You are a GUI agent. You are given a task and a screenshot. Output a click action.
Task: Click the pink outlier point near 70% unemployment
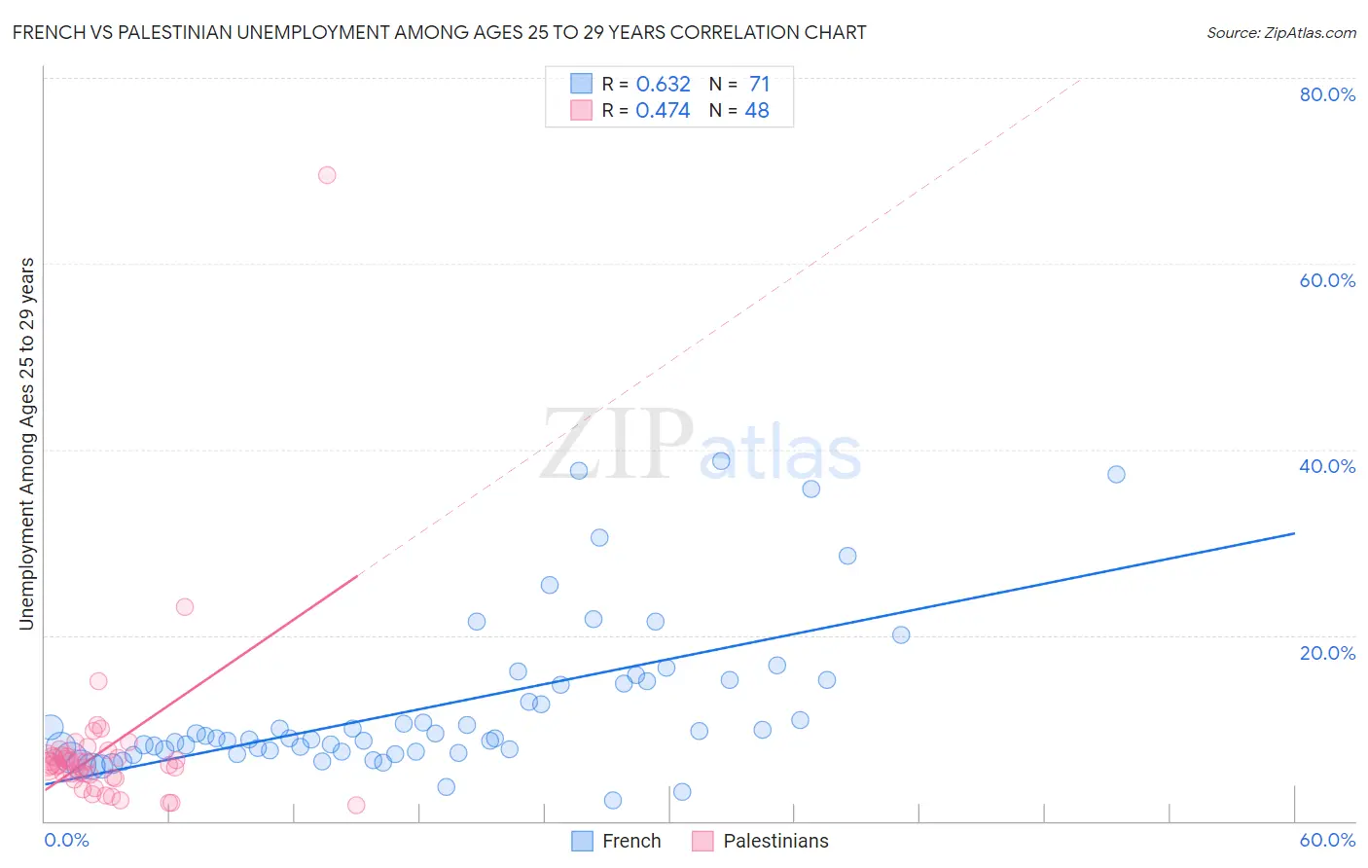point(327,175)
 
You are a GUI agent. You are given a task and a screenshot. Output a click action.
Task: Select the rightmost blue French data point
point(1116,474)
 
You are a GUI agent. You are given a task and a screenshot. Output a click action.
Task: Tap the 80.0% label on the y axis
point(1327,94)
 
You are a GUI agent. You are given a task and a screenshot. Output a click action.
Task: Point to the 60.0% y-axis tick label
point(1327,280)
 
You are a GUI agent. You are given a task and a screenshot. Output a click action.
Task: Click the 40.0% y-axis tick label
point(1327,466)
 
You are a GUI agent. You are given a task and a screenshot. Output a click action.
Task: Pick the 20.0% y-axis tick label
point(1327,653)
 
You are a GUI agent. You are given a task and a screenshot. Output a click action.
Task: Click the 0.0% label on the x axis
point(66,840)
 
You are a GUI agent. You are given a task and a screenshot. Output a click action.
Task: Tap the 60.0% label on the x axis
point(1327,840)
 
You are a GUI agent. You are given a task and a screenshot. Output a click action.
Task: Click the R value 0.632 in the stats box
point(663,84)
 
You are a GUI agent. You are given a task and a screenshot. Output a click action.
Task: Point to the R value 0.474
point(663,110)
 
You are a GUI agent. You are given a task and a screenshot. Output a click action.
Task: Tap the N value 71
point(759,84)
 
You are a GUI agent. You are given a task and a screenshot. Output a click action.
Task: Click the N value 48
point(757,110)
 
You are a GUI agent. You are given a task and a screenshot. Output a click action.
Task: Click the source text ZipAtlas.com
point(1281,33)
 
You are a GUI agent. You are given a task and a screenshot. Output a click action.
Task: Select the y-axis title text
point(27,444)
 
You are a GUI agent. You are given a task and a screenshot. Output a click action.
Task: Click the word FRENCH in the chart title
point(46,33)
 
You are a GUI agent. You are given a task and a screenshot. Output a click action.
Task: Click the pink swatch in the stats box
point(581,110)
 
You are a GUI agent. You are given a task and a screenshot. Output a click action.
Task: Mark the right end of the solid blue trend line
point(1294,533)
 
